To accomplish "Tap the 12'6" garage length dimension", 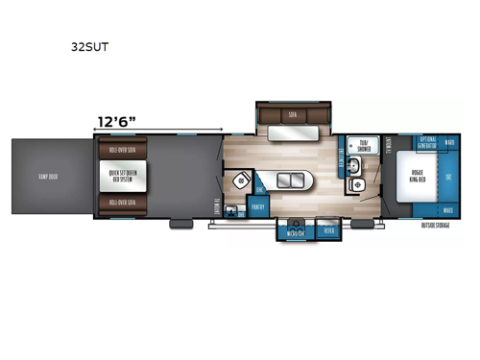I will click(116, 121).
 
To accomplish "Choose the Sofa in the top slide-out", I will click(291, 113).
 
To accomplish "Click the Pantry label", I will click(258, 205).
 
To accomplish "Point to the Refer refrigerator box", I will click(328, 231).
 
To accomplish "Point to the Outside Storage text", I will click(437, 228).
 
